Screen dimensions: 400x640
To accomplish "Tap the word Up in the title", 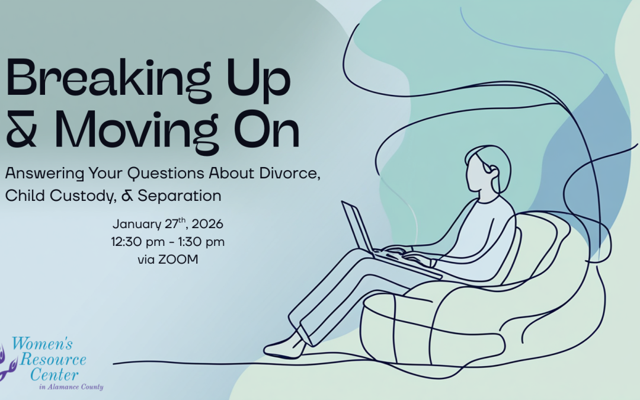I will pyautogui.click(x=259, y=79).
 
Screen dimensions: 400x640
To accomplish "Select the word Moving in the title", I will pyautogui.click(x=142, y=132).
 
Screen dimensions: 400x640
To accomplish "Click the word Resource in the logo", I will pyautogui.click(x=53, y=360).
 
